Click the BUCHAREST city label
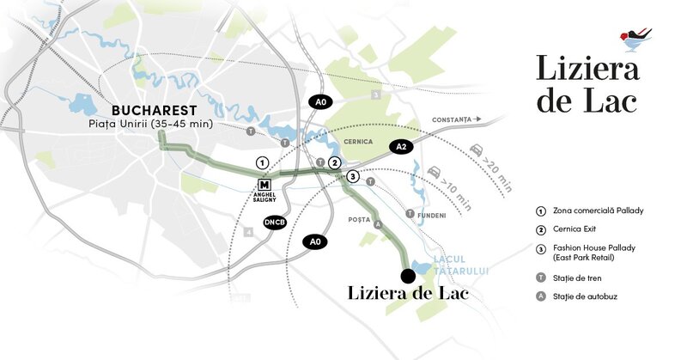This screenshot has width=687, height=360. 154,110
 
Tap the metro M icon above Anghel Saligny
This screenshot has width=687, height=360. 264,184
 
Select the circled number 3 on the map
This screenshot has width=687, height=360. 351,176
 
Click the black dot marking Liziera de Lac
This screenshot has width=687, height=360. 408,275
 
